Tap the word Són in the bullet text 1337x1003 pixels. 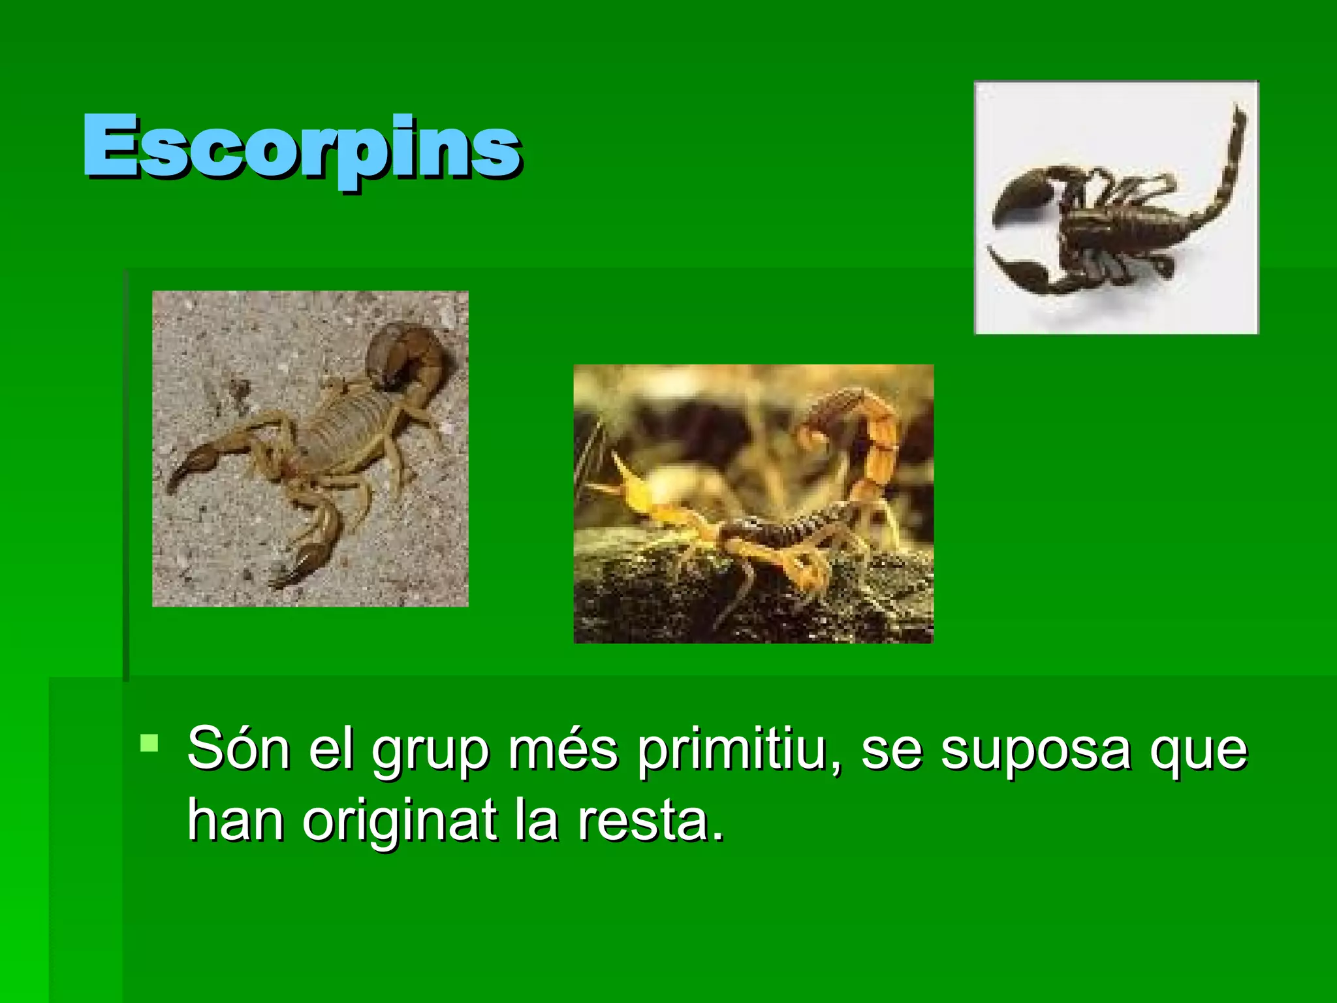point(238,750)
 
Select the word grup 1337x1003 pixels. point(430,751)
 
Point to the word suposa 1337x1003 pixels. point(1035,751)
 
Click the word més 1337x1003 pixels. point(563,750)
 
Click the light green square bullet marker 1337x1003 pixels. point(149,742)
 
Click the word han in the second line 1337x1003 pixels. point(236,821)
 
